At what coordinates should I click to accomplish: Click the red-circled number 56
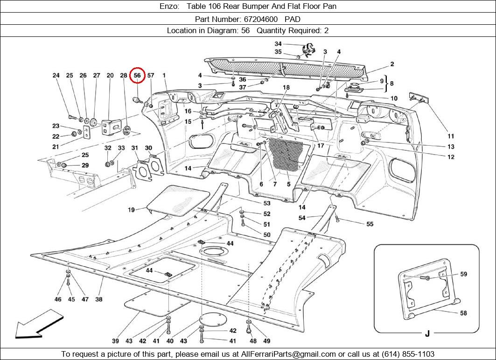(137, 75)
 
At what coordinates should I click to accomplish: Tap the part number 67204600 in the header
(260, 19)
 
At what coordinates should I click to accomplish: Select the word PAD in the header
(293, 19)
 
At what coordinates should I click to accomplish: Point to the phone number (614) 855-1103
(408, 354)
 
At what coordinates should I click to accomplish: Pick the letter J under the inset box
(427, 333)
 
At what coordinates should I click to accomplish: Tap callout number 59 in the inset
(463, 274)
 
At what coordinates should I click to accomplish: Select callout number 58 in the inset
(463, 313)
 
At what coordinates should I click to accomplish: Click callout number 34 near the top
(278, 44)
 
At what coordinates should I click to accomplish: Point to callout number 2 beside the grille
(392, 64)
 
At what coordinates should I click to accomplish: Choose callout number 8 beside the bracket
(392, 84)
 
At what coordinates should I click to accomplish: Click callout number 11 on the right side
(451, 136)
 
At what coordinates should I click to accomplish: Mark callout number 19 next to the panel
(132, 210)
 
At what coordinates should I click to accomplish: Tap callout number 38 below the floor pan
(99, 299)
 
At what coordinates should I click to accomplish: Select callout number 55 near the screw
(370, 224)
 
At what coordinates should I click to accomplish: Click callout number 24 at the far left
(56, 75)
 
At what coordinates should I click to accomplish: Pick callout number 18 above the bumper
(286, 87)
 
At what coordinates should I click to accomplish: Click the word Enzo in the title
(168, 7)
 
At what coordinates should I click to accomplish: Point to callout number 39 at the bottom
(115, 341)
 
